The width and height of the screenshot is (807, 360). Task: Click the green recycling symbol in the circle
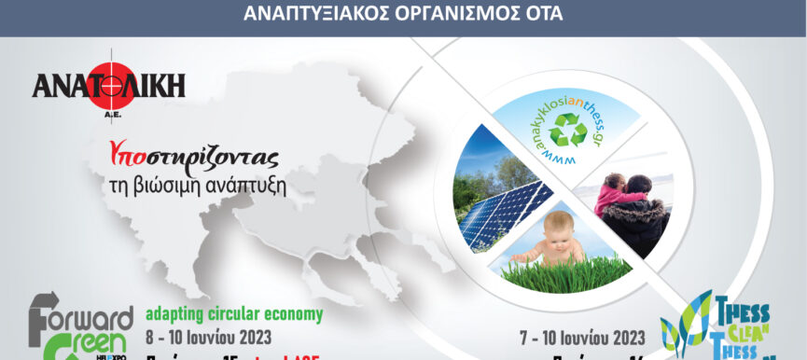pos(567,131)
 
